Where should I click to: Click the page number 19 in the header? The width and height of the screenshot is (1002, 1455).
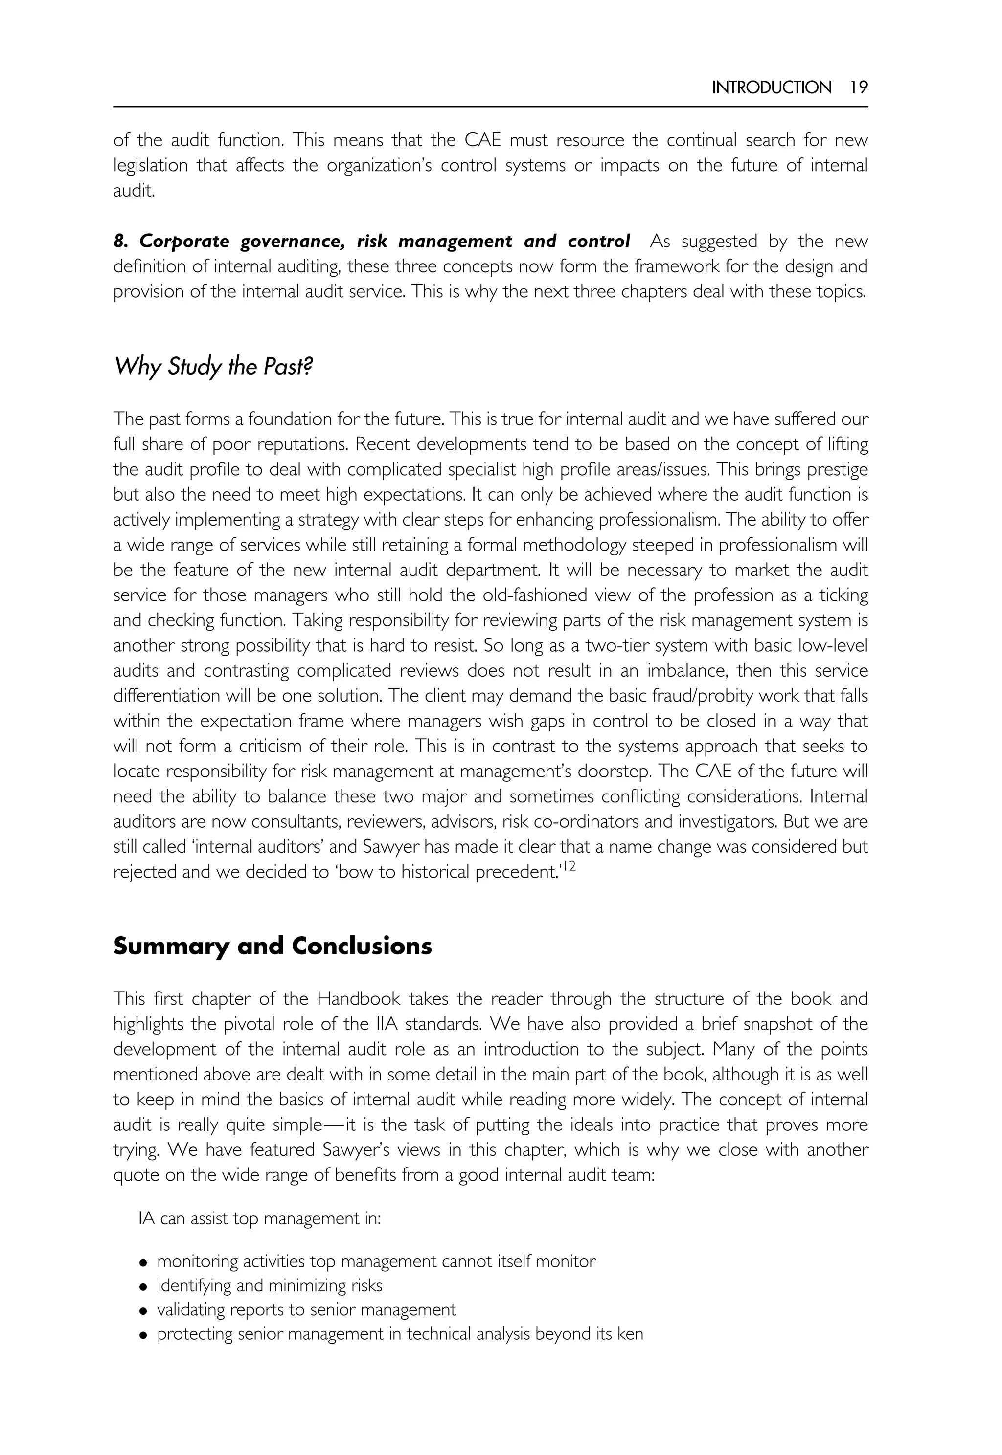click(x=858, y=87)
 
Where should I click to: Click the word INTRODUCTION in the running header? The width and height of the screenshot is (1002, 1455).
click(x=771, y=87)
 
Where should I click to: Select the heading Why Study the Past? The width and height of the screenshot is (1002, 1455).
click(x=213, y=366)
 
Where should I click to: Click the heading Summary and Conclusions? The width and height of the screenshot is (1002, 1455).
click(x=273, y=946)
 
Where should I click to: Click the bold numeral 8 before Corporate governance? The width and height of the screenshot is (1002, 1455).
click(x=119, y=242)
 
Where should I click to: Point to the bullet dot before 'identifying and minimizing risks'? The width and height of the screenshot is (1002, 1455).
click(x=144, y=1286)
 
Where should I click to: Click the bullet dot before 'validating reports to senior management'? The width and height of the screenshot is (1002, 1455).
click(x=144, y=1311)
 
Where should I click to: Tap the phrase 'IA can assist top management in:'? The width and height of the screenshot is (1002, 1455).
click(x=259, y=1218)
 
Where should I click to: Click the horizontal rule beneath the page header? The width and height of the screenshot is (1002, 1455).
click(x=490, y=107)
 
